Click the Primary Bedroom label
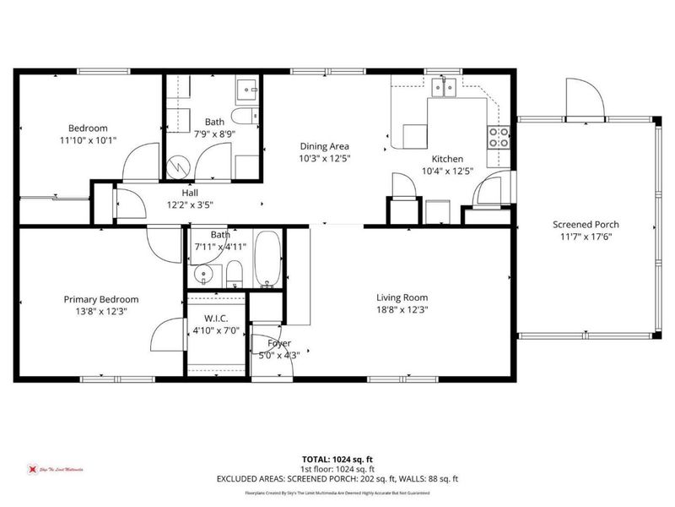tap(101, 299)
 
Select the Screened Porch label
tap(586, 225)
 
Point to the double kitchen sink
tap(444, 86)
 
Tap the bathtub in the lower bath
tap(267, 257)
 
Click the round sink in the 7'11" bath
tap(202, 274)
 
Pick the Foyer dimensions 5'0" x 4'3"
tap(278, 355)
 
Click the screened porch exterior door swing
tap(585, 103)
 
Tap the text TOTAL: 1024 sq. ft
tap(337, 457)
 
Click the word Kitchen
tap(447, 159)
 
